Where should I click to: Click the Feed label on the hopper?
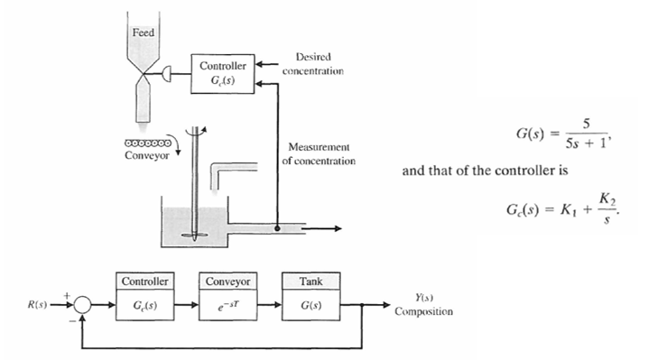tap(143, 32)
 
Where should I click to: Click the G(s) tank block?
tap(310, 302)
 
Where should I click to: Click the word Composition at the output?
tap(424, 311)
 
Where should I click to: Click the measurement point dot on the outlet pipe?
tap(277, 229)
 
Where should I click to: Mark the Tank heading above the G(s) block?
tap(310, 281)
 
